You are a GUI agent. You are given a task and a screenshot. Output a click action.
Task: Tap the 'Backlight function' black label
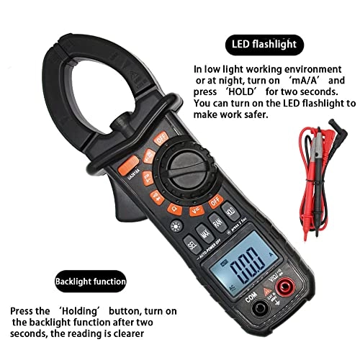(92, 281)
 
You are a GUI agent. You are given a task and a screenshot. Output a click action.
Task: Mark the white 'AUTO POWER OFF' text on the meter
(207, 256)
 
